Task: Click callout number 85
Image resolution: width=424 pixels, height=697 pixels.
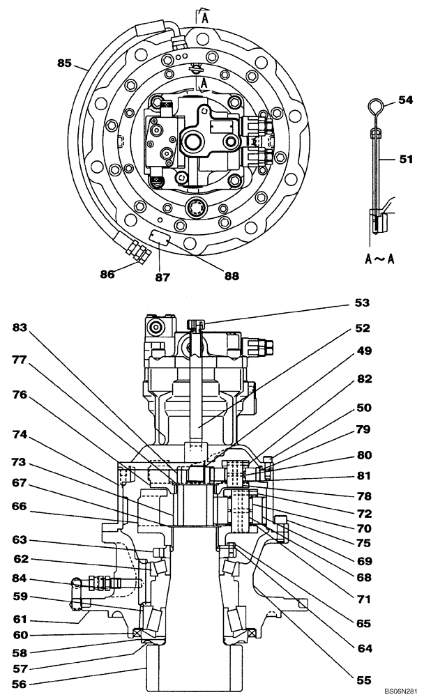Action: (64, 63)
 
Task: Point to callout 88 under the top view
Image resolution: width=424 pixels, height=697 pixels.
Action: (230, 275)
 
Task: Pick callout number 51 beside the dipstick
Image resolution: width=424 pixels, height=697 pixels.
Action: (405, 159)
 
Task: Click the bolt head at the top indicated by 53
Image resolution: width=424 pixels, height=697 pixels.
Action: (197, 323)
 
